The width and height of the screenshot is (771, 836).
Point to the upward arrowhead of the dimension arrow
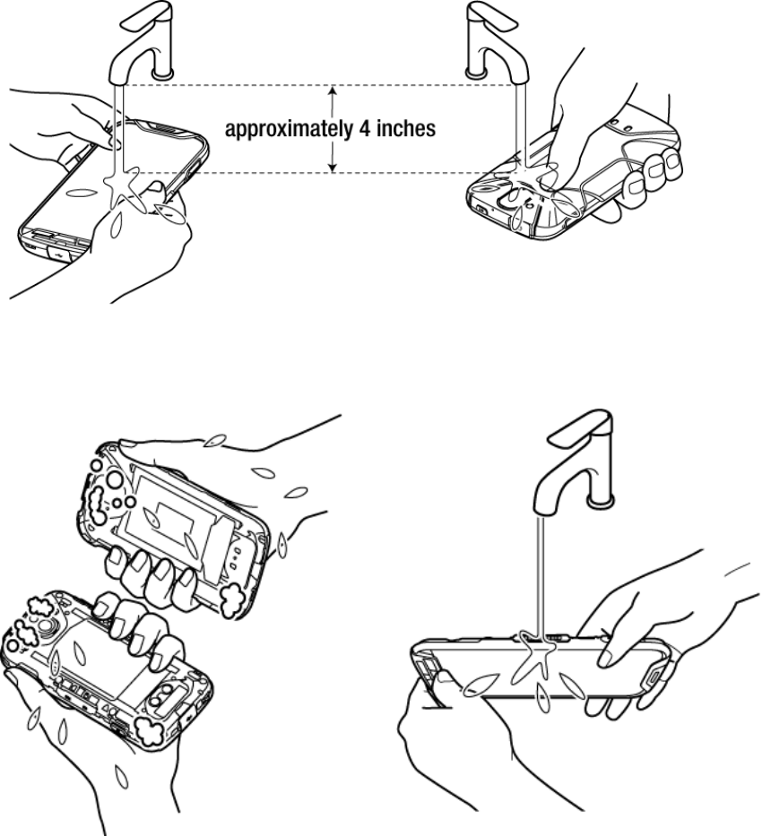coord(333,90)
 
